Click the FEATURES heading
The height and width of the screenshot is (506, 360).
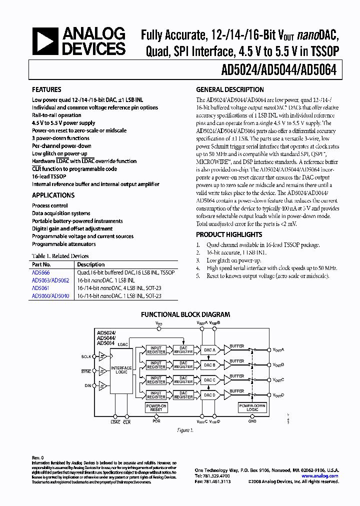pyautogui.click(x=47, y=89)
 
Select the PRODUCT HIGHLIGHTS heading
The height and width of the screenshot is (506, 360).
pyautogui.click(x=229, y=234)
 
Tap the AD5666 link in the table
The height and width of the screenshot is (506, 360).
pyautogui.click(x=40, y=272)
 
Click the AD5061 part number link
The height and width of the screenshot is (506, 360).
pyautogui.click(x=40, y=288)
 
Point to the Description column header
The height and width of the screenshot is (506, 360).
pyautogui.click(x=91, y=264)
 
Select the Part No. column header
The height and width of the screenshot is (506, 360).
pyautogui.click(x=41, y=264)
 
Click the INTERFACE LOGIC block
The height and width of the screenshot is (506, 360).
pyautogui.click(x=121, y=370)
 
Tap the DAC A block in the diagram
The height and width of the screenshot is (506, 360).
pyautogui.click(x=210, y=350)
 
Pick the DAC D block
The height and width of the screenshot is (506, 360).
pyautogui.click(x=210, y=395)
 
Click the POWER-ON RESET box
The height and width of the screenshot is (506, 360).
pyautogui.click(x=156, y=408)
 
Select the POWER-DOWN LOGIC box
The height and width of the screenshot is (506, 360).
pyautogui.click(x=252, y=408)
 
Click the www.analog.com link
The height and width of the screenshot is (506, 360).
pyautogui.click(x=320, y=476)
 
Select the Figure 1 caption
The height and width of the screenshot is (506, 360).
pyautogui.click(x=185, y=430)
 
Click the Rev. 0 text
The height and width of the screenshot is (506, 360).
pyautogui.click(x=38, y=458)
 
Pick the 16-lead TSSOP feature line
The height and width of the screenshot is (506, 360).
pyautogui.click(x=49, y=176)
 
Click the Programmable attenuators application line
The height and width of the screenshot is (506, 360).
pyautogui.click(x=64, y=244)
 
